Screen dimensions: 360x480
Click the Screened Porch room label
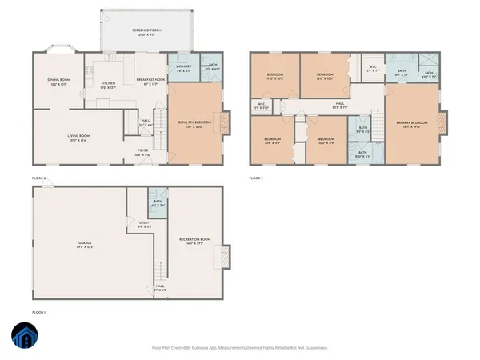(x=146, y=32)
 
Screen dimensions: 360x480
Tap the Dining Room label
(x=60, y=82)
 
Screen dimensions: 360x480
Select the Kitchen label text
(x=108, y=82)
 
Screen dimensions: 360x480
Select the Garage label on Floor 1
(x=84, y=244)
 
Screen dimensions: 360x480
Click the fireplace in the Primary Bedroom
(x=444, y=124)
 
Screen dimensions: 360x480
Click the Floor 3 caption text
(x=256, y=177)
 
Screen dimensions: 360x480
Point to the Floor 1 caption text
(x=40, y=310)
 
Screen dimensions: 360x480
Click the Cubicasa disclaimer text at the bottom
(x=240, y=348)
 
